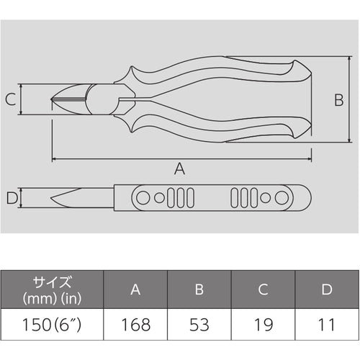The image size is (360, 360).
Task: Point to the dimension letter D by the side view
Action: [x=10, y=197]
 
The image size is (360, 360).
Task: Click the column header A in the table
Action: [x=135, y=289]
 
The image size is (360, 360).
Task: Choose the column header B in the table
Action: [x=199, y=289]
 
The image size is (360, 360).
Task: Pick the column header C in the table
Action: [x=264, y=289]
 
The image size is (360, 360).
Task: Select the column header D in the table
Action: [x=327, y=289]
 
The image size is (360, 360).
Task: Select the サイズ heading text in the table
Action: [x=52, y=282]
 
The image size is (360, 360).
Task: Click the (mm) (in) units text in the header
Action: [x=52, y=297]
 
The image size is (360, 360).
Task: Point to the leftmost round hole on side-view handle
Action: [x=143, y=197]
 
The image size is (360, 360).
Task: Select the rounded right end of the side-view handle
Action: [x=308, y=197]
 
